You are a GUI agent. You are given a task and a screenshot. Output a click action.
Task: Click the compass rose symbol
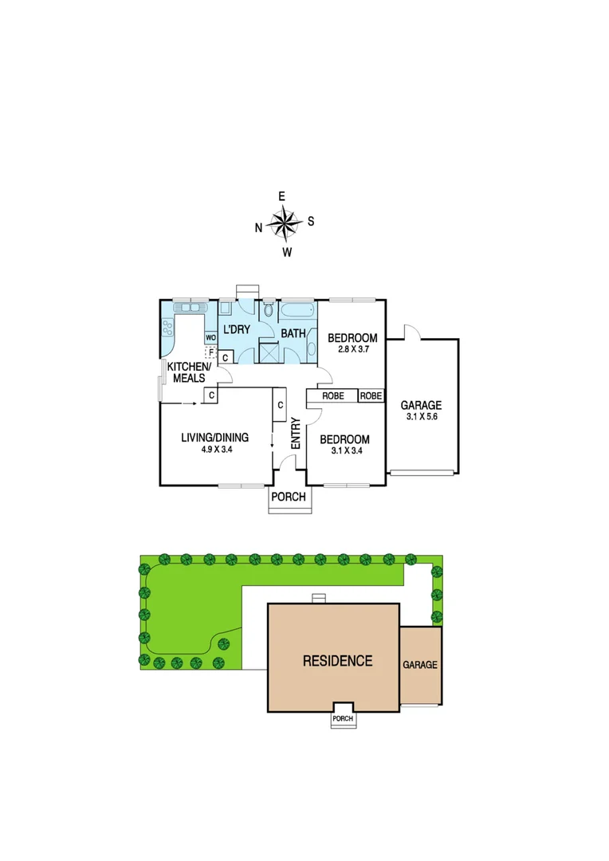pos(284,223)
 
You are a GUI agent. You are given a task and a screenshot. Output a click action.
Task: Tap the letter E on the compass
pos(281,196)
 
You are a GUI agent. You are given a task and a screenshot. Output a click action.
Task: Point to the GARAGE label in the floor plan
pos(422,405)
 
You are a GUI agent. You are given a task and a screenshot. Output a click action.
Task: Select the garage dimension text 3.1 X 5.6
pos(422,417)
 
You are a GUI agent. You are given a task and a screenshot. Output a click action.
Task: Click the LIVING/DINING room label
pos(214,437)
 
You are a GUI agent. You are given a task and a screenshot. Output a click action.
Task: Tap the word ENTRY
pos(295,433)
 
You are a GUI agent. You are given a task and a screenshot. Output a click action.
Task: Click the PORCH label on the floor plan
pos(289,497)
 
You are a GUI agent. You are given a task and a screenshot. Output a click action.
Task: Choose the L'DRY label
pos(236,329)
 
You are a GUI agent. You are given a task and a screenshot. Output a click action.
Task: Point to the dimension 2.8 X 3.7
pos(352,348)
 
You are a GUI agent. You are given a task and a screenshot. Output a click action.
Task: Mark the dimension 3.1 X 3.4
pos(344,450)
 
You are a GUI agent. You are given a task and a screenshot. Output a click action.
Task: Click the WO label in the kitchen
pos(211,337)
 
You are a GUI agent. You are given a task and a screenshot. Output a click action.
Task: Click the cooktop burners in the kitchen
pos(167,326)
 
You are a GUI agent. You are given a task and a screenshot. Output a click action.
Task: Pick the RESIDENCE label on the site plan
pos(337,660)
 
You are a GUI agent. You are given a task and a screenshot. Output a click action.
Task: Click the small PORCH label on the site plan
pos(344,717)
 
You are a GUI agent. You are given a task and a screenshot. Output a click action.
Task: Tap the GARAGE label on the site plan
pos(419,664)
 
